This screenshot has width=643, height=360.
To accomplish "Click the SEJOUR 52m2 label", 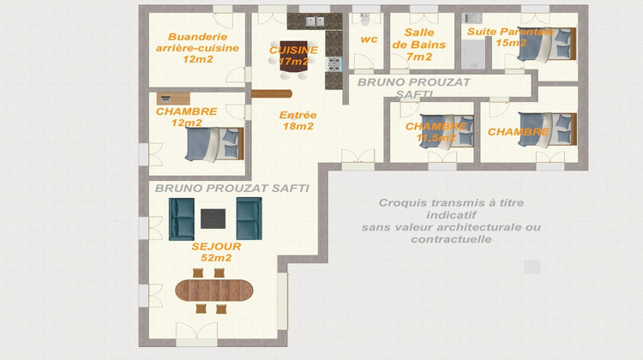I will pos(216,252).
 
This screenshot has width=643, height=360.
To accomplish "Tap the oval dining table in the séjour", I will pos(216,289).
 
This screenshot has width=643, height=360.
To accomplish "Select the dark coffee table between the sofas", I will pos(213,219).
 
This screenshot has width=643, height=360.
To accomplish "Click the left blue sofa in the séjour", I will pos(181,219).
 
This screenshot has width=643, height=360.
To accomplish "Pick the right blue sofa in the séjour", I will pos(249,219).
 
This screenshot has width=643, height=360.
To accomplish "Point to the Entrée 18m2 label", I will pos(297,121).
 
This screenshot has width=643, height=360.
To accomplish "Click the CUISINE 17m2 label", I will pos(293,56).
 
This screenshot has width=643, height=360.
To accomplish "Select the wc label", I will pos(369,39).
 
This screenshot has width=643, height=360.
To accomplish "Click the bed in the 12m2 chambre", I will pos(214,144).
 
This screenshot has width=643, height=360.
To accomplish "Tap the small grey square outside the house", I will pos(532,267).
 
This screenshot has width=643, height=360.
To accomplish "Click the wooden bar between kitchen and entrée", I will pos(272,94).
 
